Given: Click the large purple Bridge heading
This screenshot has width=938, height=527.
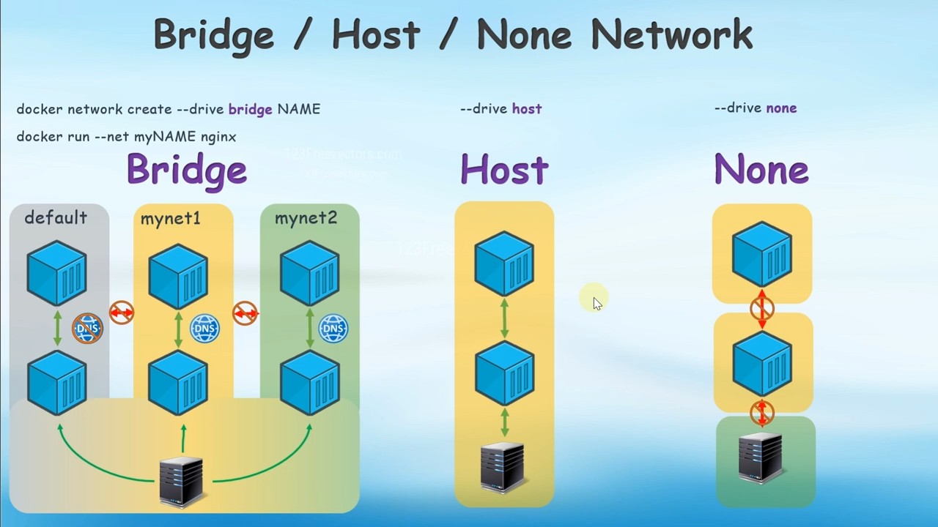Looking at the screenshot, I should pyautogui.click(x=187, y=170).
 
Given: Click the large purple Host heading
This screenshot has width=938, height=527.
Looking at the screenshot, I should pyautogui.click(x=504, y=170).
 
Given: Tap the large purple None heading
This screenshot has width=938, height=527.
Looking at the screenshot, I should pyautogui.click(x=761, y=170).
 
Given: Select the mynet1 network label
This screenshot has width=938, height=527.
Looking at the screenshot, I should pyautogui.click(x=170, y=218).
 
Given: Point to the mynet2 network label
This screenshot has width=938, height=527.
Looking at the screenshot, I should pyautogui.click(x=306, y=218).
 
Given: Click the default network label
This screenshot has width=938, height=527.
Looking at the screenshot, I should pyautogui.click(x=56, y=217).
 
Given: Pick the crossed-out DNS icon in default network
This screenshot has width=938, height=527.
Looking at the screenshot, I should pyautogui.click(x=87, y=329).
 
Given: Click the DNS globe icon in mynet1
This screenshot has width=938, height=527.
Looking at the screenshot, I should pyautogui.click(x=204, y=329).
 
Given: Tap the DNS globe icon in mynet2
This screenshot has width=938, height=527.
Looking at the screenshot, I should pyautogui.click(x=333, y=329).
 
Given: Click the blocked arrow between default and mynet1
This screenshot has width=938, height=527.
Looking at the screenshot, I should pyautogui.click(x=122, y=313).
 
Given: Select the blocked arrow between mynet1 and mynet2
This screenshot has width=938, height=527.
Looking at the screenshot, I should pyautogui.click(x=245, y=313).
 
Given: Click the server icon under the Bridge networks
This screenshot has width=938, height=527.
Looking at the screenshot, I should pyautogui.click(x=181, y=481).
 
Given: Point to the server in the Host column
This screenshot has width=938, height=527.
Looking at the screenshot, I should pyautogui.click(x=503, y=466).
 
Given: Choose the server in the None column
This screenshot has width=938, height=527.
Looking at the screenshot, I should pyautogui.click(x=760, y=457).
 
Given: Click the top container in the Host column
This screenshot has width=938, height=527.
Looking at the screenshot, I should pyautogui.click(x=504, y=263).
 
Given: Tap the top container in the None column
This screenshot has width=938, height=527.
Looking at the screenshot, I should pyautogui.click(x=762, y=253).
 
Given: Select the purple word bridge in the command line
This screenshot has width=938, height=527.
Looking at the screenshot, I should pyautogui.click(x=250, y=109).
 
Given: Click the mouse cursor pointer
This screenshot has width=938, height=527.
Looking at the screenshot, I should pyautogui.click(x=597, y=303).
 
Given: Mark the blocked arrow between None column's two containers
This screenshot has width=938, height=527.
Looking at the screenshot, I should pyautogui.click(x=762, y=309).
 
